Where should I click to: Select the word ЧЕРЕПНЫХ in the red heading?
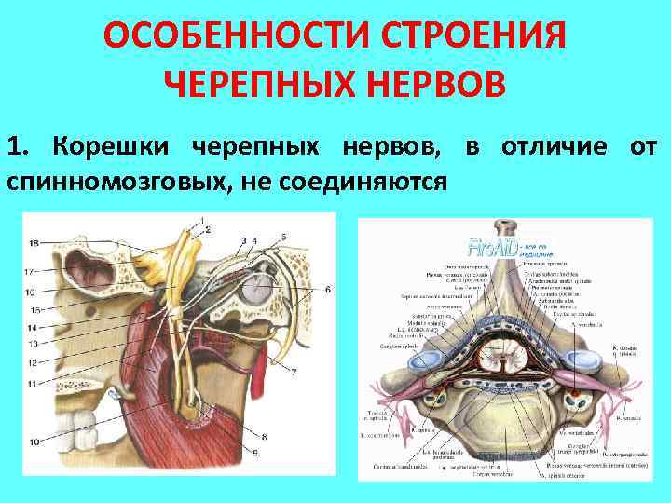(265, 86)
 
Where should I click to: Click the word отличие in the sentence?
(554, 147)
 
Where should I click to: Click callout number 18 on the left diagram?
(33, 243)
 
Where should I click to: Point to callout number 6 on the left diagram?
(327, 290)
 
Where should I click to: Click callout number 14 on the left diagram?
(33, 328)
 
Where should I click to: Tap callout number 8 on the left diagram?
(264, 435)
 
